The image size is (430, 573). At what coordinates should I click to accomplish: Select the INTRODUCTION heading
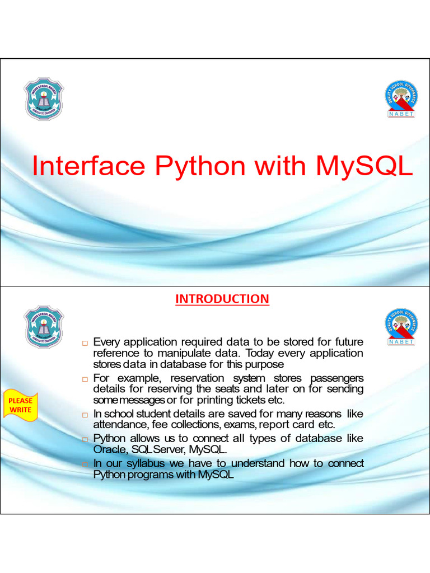click(222, 299)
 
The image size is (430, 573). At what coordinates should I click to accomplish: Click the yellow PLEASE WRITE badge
click(20, 405)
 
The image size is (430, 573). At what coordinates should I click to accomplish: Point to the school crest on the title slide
click(44, 99)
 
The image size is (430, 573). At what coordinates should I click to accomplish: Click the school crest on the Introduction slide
click(44, 326)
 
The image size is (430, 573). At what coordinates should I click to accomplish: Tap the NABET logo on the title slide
click(401, 99)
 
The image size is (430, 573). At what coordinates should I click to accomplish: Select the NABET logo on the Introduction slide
click(401, 327)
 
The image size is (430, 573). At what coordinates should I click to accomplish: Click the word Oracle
click(109, 449)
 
